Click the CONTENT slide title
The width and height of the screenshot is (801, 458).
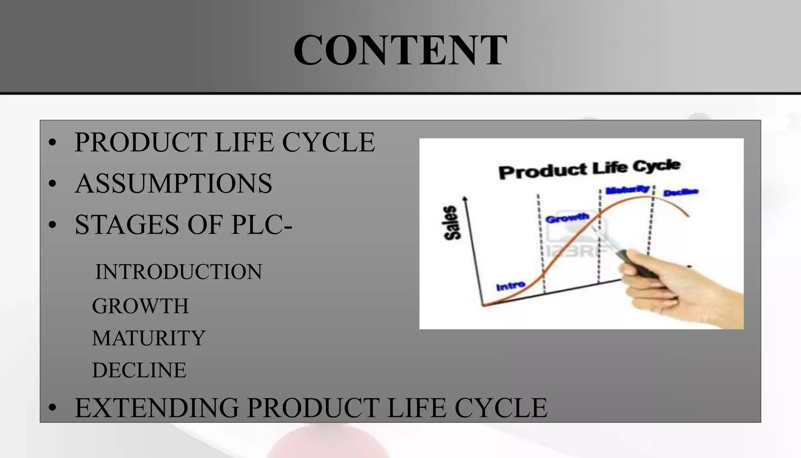400,50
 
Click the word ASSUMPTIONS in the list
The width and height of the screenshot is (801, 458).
173,183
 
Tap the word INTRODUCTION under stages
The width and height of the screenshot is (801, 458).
179,272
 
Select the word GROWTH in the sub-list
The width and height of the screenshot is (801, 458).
140,306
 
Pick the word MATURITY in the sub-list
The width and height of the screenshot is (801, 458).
149,338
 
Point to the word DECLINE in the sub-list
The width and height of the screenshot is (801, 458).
139,370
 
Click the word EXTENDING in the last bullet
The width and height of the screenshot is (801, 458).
157,408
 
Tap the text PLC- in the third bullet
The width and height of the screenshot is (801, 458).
261,225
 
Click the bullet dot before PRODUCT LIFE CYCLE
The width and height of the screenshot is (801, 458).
52,142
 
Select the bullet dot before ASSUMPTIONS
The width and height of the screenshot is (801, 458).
52,184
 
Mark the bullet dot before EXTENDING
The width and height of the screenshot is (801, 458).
52,408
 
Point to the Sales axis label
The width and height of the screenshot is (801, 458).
452,222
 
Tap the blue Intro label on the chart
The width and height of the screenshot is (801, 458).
510,286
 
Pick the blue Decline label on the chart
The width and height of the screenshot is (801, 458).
681,192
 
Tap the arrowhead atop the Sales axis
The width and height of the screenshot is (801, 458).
465,199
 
